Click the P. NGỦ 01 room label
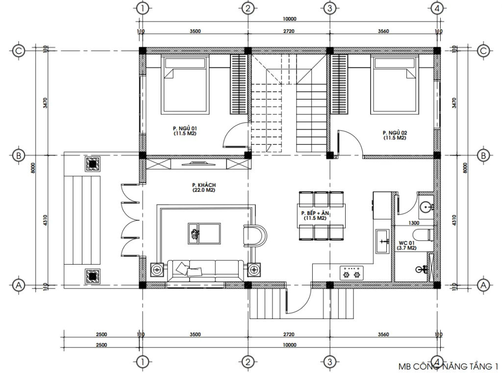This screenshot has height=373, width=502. pos(185,130)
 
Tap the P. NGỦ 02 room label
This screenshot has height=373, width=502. pos(395,135)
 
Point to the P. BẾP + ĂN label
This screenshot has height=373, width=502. pos(314,215)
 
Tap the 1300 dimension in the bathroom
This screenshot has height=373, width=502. pos(414,223)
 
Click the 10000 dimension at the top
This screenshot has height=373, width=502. pos(290,19)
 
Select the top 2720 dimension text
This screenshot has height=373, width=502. pos(289,31)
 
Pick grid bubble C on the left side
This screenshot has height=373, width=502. pos(19,51)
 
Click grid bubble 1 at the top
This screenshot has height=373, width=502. pos(142,8)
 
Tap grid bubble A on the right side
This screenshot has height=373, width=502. pos(483,285)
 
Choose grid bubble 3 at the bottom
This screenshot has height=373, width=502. pos(329,362)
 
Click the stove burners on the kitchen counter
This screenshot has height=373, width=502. pos(351,273)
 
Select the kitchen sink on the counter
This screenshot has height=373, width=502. pos(381,240)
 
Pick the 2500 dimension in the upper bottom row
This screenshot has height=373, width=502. pos(102,335)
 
